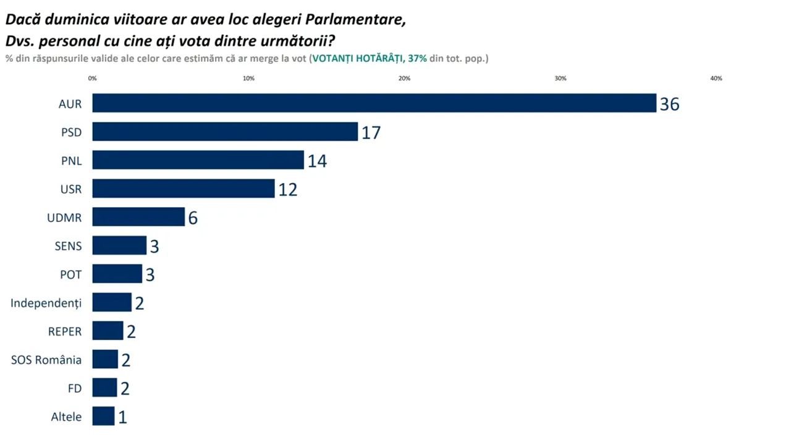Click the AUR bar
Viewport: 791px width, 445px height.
tap(374, 103)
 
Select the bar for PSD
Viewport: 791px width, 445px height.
tap(225, 132)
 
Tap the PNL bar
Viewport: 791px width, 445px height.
tap(198, 160)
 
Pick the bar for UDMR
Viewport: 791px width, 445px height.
tap(138, 217)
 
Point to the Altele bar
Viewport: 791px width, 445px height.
tap(103, 416)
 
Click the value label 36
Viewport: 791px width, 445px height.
tap(669, 104)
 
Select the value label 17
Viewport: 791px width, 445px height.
tap(371, 132)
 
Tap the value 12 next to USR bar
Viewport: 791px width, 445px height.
tap(287, 189)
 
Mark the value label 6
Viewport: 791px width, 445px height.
tap(193, 218)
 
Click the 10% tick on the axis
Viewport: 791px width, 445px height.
tap(248, 78)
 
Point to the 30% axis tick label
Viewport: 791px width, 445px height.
tap(560, 78)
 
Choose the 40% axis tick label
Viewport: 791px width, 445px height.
tap(716, 78)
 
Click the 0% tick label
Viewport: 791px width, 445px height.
tap(93, 78)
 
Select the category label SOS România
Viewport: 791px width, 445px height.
tap(46, 360)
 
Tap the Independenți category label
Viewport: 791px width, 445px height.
tap(46, 303)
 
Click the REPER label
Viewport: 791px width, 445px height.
tap(65, 331)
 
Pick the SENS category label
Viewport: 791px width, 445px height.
tap(68, 246)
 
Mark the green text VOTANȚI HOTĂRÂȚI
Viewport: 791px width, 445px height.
tap(358, 59)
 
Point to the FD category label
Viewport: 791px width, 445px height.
tap(75, 388)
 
